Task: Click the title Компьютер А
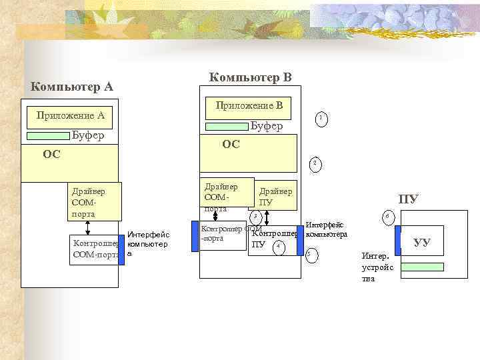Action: pos(72,87)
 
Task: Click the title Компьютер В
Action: pos(250,77)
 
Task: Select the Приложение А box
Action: pos(70,115)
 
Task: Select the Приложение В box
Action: pos(249,105)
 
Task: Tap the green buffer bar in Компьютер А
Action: pos(47,136)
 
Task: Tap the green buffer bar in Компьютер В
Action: pos(226,126)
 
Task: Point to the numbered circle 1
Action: pos(321,119)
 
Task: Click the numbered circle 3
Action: pos(254,215)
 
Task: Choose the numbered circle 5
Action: pos(310,254)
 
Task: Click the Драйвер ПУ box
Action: pos(274,196)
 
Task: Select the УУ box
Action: pos(422,243)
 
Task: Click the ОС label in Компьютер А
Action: pos(51,155)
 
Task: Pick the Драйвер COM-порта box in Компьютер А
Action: pos(94,201)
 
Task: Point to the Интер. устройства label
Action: pos(379,267)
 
